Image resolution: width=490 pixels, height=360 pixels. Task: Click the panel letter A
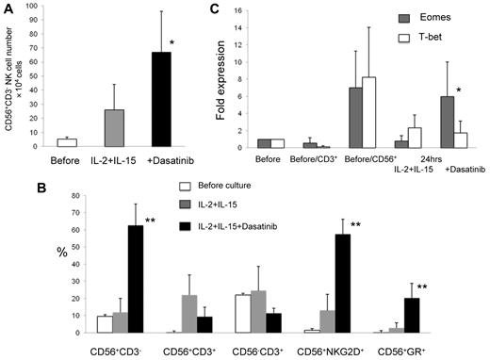point(7,8)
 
